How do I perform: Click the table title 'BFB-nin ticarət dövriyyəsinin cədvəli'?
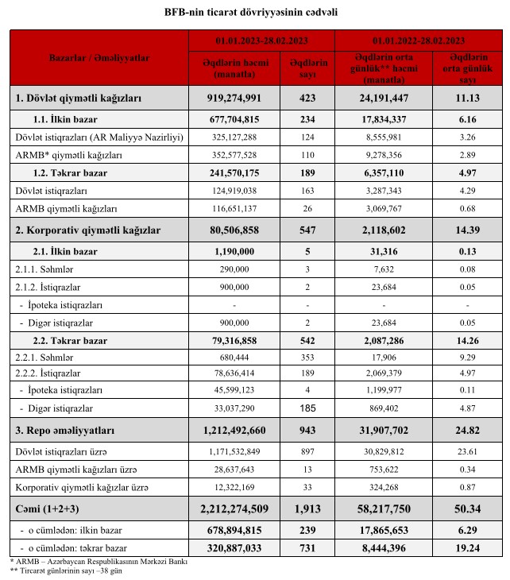(x=254, y=13)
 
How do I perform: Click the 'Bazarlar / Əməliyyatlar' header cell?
(x=99, y=58)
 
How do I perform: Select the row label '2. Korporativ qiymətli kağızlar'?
(x=88, y=230)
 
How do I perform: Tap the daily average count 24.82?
(x=468, y=431)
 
